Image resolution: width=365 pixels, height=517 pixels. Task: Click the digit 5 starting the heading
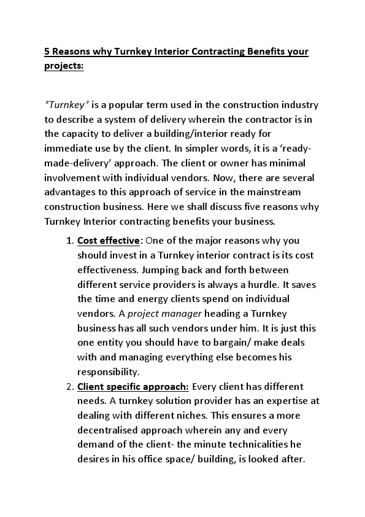click(x=47, y=52)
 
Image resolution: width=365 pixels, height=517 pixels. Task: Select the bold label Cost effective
click(x=109, y=240)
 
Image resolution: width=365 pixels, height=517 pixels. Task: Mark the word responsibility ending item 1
click(x=108, y=371)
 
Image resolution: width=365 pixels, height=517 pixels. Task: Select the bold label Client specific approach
click(x=133, y=386)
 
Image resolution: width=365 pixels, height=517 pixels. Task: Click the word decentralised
click(x=110, y=429)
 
